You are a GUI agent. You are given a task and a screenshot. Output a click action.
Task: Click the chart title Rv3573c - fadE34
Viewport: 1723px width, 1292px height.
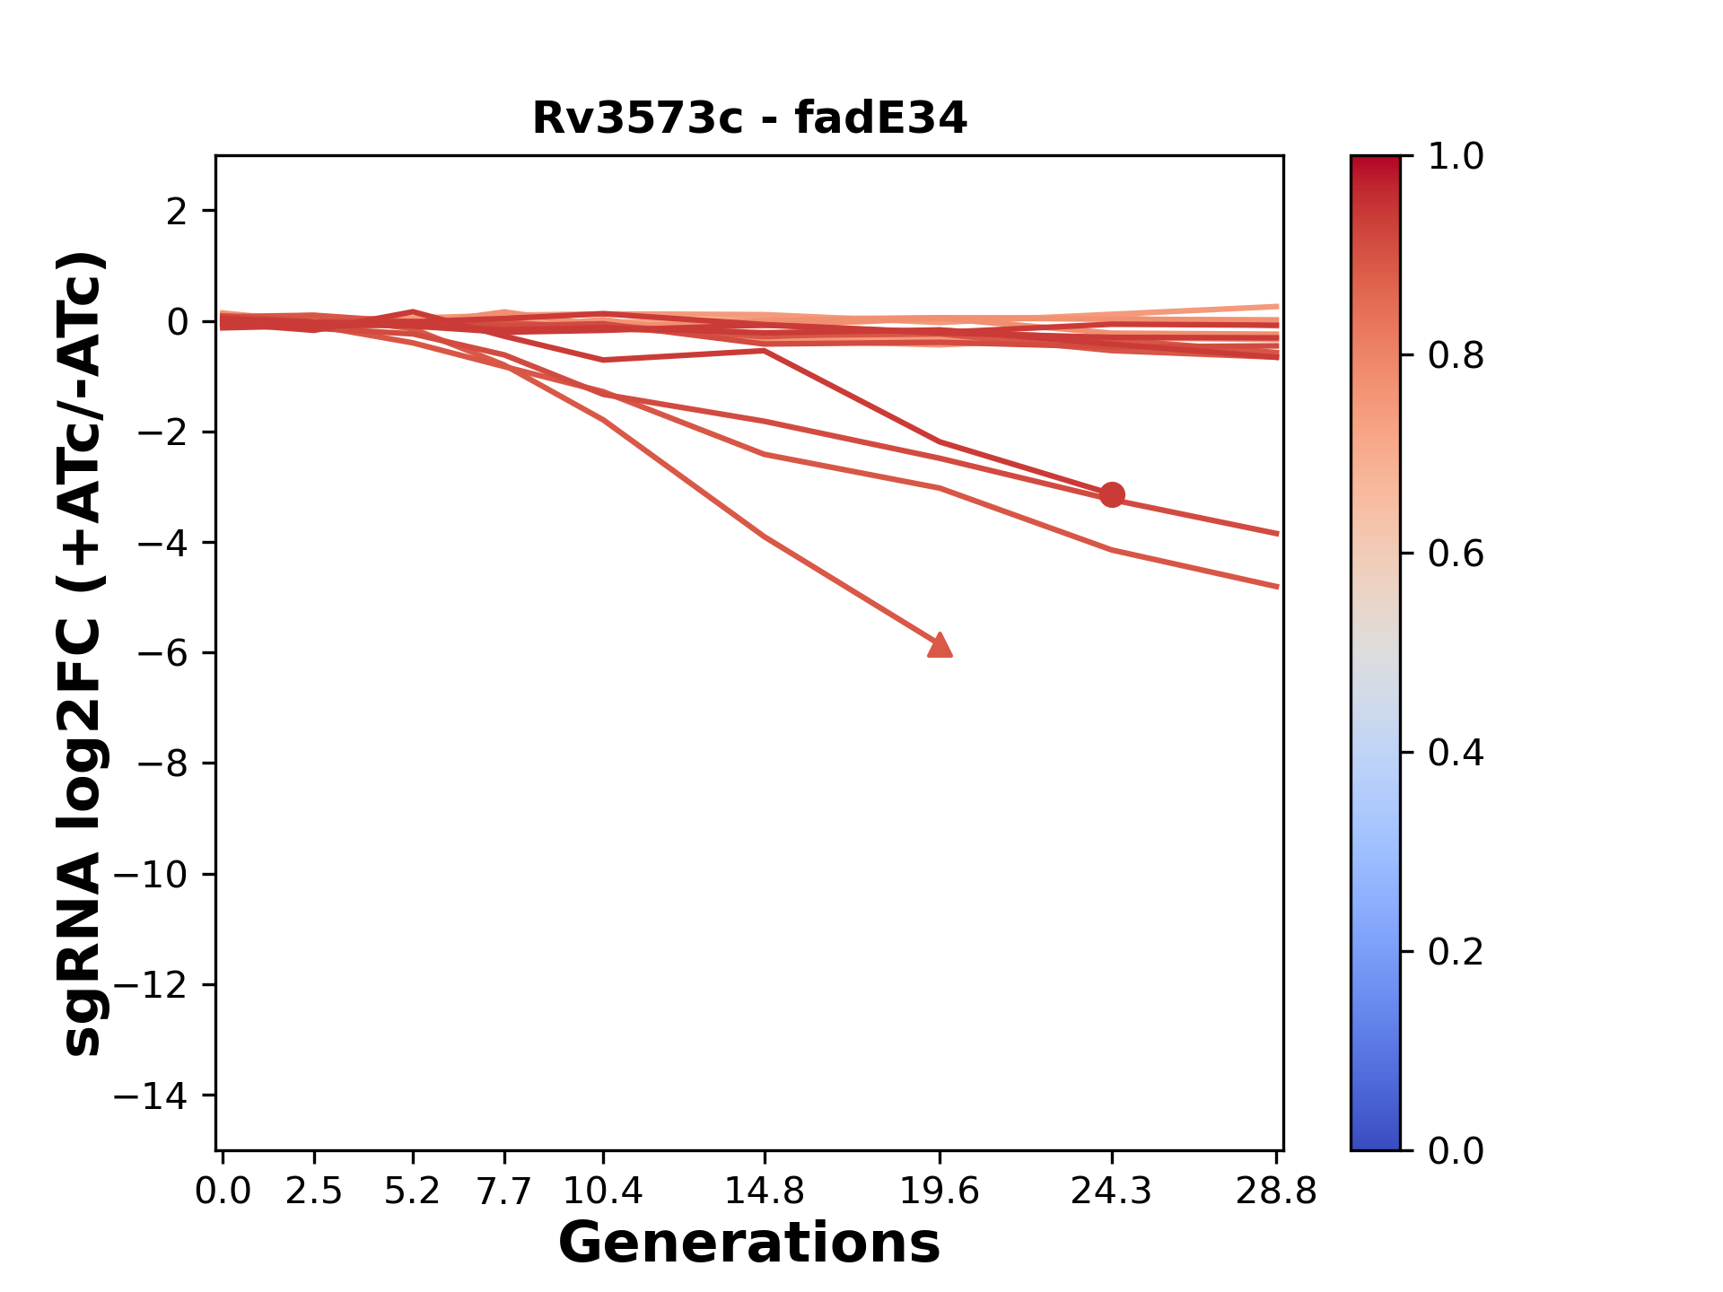[749, 118]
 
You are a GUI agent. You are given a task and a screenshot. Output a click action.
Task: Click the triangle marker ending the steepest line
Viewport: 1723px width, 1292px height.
[940, 645]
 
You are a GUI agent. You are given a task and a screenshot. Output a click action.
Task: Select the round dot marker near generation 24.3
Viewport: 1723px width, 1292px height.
[1112, 494]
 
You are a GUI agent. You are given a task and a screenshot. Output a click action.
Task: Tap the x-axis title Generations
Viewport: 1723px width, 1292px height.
[749, 1244]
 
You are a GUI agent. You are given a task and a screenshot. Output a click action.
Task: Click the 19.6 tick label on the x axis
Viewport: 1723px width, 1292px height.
[940, 1192]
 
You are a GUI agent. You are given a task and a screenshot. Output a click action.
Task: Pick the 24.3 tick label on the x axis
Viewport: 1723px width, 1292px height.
[1112, 1192]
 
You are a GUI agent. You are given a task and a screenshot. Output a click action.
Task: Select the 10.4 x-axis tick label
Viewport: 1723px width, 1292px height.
[603, 1192]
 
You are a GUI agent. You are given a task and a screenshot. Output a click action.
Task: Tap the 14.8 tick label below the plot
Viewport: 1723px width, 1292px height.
[764, 1192]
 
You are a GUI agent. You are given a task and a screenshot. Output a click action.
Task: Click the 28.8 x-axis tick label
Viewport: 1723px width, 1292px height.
[1276, 1192]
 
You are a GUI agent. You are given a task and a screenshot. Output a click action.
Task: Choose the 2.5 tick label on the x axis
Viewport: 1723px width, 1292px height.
[314, 1192]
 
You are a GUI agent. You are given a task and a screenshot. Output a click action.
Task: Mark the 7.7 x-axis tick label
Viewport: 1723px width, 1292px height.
[504, 1192]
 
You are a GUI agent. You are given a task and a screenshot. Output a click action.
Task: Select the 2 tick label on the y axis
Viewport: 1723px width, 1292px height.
[177, 212]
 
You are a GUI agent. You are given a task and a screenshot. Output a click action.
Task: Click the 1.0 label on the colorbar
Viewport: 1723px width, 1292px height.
[1456, 157]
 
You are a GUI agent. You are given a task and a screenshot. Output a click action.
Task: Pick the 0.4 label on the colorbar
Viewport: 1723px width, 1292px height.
[1456, 753]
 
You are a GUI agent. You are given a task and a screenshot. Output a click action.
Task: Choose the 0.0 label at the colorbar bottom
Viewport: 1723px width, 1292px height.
[1456, 1150]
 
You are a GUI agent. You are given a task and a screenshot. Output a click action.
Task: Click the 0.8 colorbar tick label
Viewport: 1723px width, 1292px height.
[1456, 356]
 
